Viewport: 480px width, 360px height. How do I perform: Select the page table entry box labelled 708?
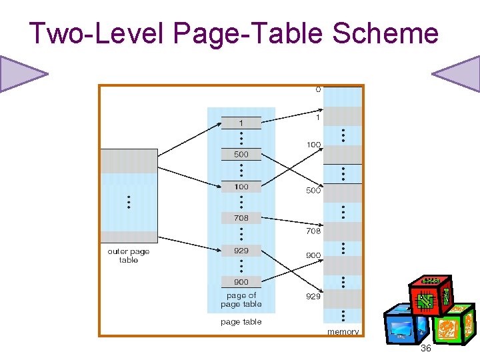pos(241,218)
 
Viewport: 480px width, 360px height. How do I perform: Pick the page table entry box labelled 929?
pos(241,251)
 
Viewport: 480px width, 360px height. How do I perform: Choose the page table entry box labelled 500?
pos(241,155)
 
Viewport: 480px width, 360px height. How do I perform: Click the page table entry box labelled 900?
pos(241,282)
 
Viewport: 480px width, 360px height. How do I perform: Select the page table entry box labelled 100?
pos(241,187)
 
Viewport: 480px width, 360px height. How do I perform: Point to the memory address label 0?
pos(318,89)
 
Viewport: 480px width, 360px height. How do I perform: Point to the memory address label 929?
pos(313,297)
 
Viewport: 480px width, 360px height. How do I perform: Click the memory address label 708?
pos(313,231)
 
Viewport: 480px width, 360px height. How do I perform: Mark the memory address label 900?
pos(313,255)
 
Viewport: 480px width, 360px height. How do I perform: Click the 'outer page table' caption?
pos(129,256)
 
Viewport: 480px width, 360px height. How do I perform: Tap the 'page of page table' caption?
pos(241,300)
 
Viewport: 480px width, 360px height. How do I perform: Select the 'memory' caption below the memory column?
pos(343,331)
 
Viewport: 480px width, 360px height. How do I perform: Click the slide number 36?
pos(426,349)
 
